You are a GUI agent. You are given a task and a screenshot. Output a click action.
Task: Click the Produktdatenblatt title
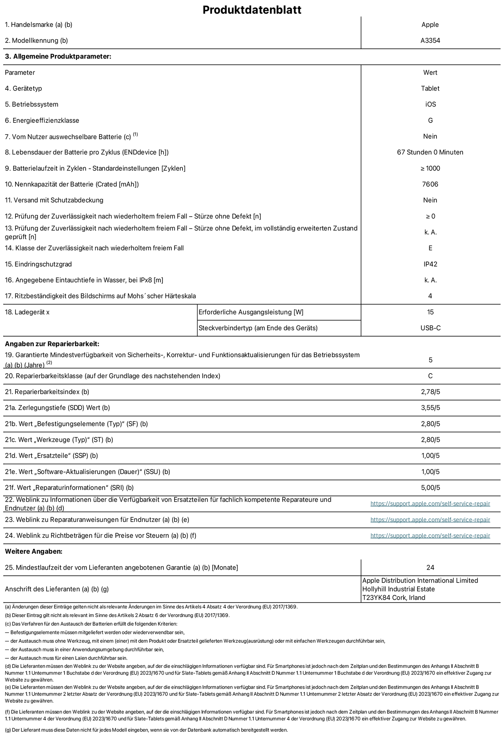click(x=252, y=10)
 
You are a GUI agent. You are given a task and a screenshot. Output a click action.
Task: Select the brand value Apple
click(x=430, y=25)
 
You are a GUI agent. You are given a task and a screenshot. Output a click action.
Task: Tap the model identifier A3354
click(x=430, y=41)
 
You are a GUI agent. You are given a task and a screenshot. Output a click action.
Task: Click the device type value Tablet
click(x=430, y=88)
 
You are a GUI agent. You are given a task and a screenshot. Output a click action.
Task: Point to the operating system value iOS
click(x=430, y=104)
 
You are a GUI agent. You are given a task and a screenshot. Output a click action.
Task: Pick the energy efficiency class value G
click(x=430, y=120)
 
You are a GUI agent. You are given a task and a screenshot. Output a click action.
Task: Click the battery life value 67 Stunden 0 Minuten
click(x=430, y=152)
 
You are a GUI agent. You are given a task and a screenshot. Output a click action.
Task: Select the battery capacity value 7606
click(x=430, y=184)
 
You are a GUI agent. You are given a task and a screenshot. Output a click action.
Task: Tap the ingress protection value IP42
click(x=430, y=264)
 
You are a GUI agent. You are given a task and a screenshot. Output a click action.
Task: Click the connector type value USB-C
click(x=430, y=328)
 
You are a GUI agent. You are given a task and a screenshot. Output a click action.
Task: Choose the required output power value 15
click(x=430, y=312)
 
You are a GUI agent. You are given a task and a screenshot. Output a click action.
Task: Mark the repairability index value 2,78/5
click(x=430, y=392)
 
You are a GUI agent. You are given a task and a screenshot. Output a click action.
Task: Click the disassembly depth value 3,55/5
click(x=430, y=408)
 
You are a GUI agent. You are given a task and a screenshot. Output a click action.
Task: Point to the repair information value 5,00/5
click(x=430, y=488)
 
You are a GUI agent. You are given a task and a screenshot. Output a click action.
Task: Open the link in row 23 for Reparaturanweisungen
click(x=430, y=520)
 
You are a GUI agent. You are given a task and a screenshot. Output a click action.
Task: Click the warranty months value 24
click(x=430, y=567)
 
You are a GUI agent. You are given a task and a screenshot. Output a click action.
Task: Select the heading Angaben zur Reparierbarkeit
click(x=52, y=344)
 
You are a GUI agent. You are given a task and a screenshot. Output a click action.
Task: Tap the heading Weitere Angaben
click(x=34, y=551)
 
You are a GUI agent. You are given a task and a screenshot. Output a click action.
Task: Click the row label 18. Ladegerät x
click(x=27, y=312)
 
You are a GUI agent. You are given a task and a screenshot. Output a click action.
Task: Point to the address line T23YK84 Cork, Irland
click(x=394, y=598)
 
